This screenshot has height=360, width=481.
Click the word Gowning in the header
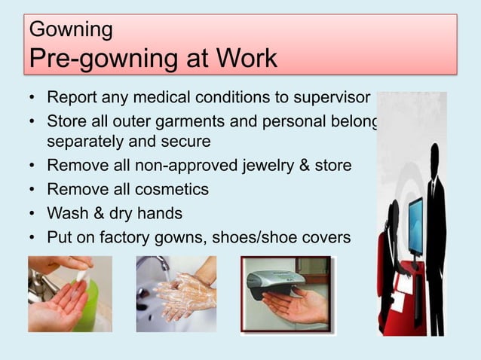[70, 30]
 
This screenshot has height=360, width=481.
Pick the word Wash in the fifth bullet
[66, 213]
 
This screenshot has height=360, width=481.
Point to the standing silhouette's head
[435, 157]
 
